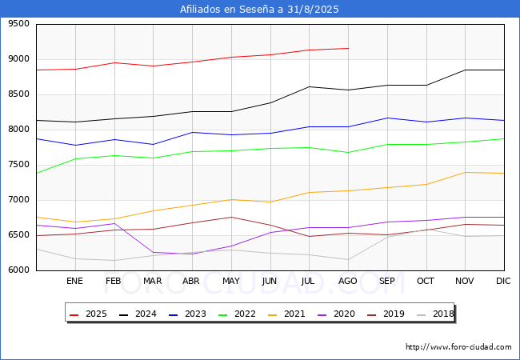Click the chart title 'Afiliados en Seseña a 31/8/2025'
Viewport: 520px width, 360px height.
(260, 10)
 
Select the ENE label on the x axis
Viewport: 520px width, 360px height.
(74, 282)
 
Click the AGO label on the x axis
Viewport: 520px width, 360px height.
(348, 282)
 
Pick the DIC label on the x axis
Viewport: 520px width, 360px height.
(503, 282)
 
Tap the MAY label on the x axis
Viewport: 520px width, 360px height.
(230, 282)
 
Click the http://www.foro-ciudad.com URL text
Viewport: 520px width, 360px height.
(458, 347)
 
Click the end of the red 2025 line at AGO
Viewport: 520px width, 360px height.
(348, 48)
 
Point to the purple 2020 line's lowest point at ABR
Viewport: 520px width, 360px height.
(192, 254)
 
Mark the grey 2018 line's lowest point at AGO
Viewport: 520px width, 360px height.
(348, 259)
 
